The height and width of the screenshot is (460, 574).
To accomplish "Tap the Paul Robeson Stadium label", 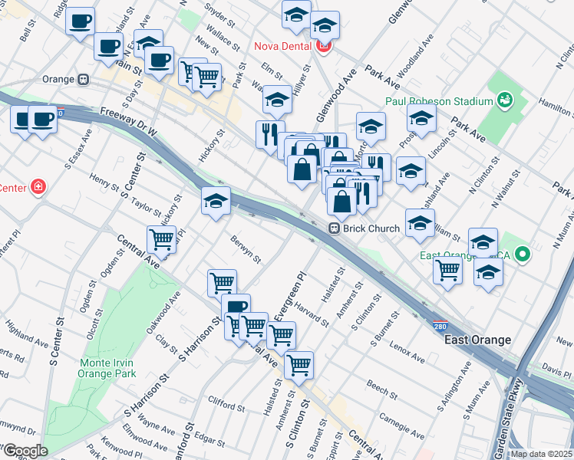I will click(x=438, y=102).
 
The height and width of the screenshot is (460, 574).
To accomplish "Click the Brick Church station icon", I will click(x=335, y=228).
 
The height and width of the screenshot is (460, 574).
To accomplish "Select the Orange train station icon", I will click(x=81, y=79).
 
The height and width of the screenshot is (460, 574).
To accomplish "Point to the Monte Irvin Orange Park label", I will click(x=108, y=368).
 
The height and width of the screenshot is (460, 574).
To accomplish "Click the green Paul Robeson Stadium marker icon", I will click(x=504, y=100).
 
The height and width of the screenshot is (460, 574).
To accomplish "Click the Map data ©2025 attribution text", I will click(x=541, y=454).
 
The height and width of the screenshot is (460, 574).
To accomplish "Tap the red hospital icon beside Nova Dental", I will click(x=324, y=46).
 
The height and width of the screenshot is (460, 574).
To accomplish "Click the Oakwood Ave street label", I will click(x=168, y=316).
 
